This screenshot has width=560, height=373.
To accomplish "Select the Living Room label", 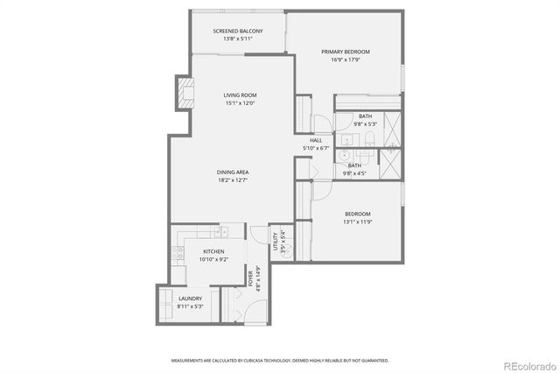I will (x=240, y=95).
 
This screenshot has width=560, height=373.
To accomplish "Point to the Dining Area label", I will (x=233, y=172).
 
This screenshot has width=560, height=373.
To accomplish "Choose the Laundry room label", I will (x=190, y=299).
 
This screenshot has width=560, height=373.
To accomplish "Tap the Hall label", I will (x=316, y=140).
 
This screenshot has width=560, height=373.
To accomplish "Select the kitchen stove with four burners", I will (x=178, y=255).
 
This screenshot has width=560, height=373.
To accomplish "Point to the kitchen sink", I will (x=224, y=233).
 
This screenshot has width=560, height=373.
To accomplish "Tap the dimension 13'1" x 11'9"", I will (x=357, y=222).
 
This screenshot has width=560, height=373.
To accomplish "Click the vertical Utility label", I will (x=275, y=242).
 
